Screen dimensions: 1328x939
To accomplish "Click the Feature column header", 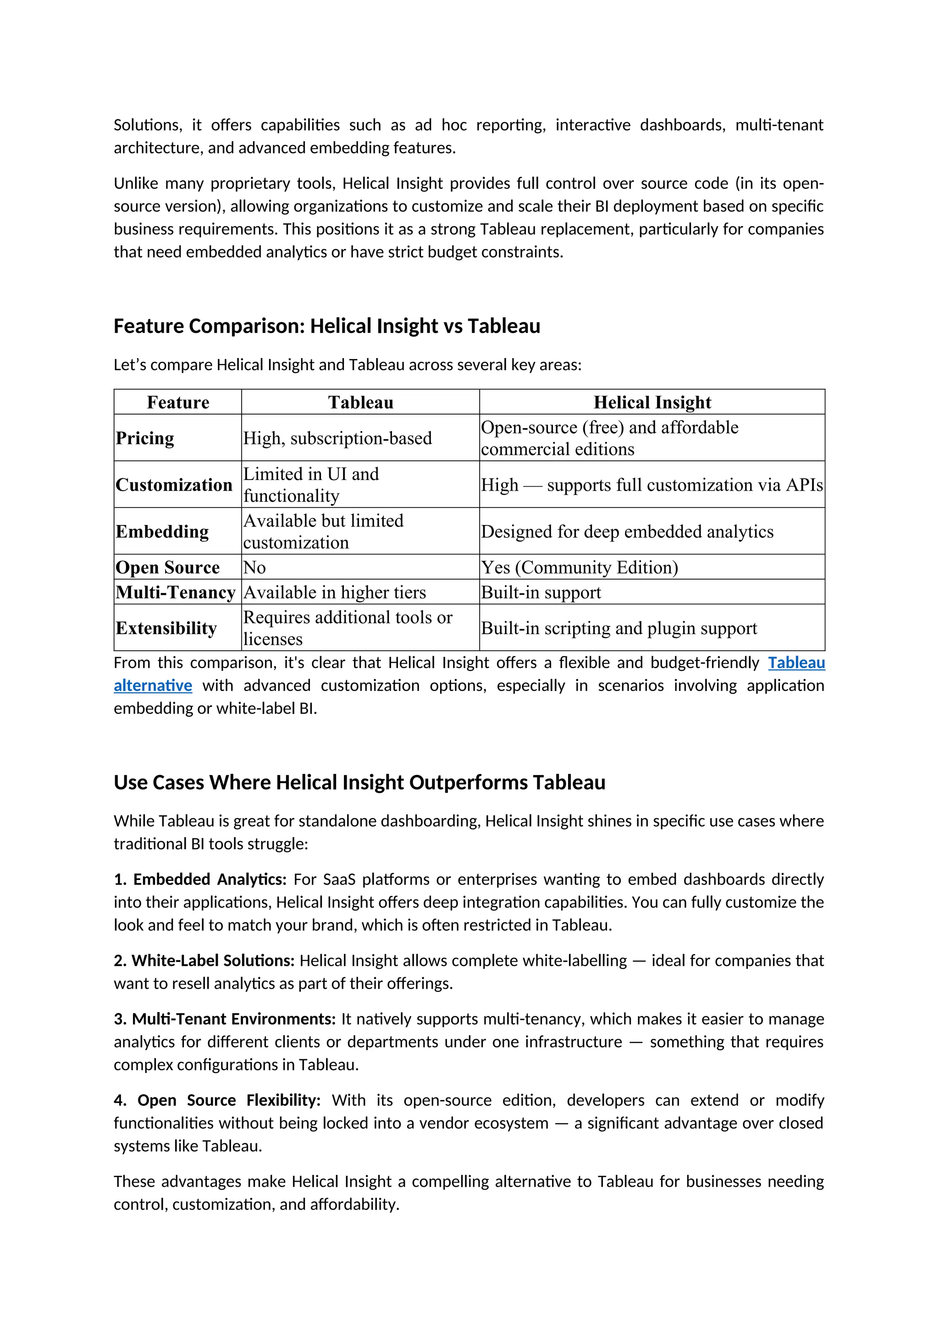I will coord(177,402).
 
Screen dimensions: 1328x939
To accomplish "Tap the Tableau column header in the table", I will coord(360,402).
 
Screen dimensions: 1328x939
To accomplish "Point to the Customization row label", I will coord(173,485).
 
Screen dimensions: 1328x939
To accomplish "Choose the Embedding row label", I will coord(162,531).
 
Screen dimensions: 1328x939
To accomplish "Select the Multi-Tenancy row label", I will coord(175,592).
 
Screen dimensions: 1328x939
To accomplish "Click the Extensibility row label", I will coord(166,628).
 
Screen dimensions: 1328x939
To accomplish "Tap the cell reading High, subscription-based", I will coord(337,438).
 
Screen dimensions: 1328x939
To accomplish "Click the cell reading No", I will coord(254,567).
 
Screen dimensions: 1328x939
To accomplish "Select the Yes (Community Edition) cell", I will coord(580,567).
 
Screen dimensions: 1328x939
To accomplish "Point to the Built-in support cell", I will coord(541,592).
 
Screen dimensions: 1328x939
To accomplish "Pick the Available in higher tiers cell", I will coord(334,592).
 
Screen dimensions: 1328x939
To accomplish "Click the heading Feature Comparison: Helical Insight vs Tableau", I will coord(327,326).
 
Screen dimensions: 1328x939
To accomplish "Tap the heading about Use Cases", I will coord(359,783).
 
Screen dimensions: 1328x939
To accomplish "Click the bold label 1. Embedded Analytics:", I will coord(200,879).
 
